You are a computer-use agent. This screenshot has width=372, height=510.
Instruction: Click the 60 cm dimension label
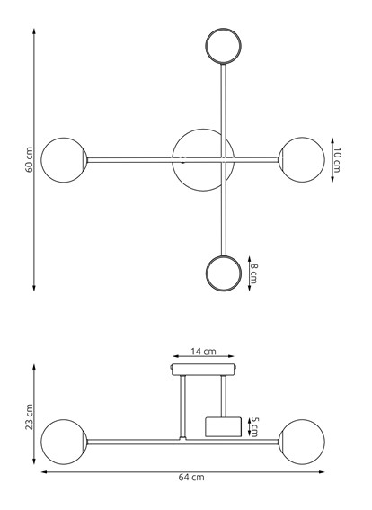29,159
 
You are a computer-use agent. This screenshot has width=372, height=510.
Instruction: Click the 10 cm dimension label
337,161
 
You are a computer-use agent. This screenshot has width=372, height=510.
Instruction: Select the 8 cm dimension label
254,273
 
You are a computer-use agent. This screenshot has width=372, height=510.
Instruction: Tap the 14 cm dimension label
203,352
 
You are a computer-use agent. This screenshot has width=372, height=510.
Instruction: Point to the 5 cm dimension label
254,425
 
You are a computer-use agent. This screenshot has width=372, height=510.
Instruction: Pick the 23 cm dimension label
29,416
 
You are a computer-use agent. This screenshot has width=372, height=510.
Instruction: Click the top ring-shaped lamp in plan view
223,45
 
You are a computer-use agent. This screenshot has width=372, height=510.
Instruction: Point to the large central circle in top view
202,159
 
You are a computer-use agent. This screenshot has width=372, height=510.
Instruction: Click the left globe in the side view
63,441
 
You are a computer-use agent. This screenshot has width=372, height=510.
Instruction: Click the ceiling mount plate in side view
203,367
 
